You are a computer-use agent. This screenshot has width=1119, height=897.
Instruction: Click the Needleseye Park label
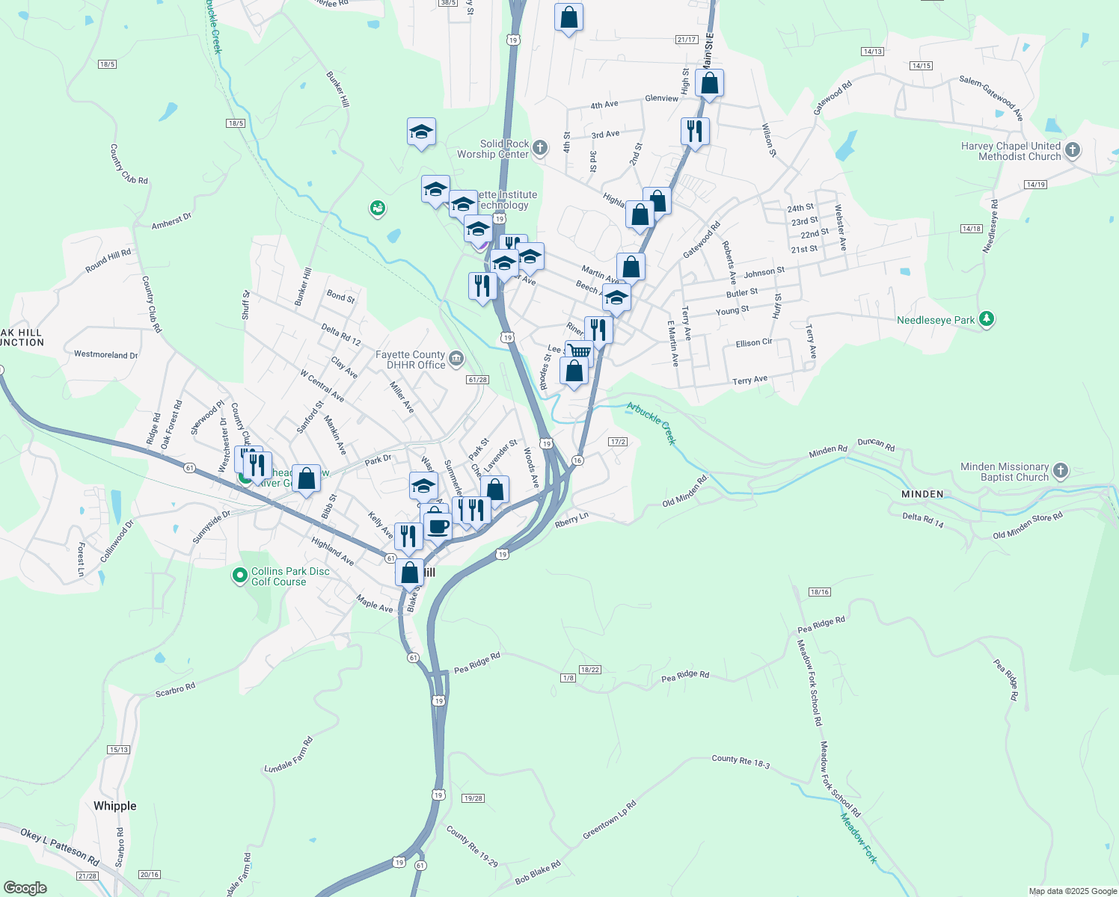point(936,320)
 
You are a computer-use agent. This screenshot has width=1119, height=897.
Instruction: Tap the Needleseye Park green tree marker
point(987,319)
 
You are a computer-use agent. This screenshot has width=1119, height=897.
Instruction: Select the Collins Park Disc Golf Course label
point(290,576)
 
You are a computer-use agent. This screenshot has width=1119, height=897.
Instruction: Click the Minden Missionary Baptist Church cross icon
point(1060,471)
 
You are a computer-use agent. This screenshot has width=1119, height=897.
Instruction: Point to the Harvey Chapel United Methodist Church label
point(1011,151)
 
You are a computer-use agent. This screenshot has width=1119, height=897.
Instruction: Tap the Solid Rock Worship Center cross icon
point(540,148)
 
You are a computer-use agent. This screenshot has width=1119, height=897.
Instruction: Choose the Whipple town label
point(115,806)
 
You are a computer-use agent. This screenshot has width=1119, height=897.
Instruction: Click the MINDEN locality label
point(922,494)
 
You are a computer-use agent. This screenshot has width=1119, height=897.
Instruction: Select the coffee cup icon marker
point(438,525)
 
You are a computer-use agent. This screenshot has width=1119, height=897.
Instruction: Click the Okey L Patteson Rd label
point(60,846)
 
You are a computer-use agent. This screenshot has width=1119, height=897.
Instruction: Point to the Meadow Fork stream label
point(858,839)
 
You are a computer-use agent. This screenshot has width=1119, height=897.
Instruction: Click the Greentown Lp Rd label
point(610,820)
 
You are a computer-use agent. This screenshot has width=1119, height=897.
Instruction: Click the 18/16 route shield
point(819,592)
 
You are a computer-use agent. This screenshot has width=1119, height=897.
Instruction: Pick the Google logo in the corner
point(25,888)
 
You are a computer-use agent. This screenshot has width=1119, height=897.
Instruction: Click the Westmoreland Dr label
point(105,354)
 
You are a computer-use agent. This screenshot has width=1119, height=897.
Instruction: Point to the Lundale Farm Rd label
point(289,755)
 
